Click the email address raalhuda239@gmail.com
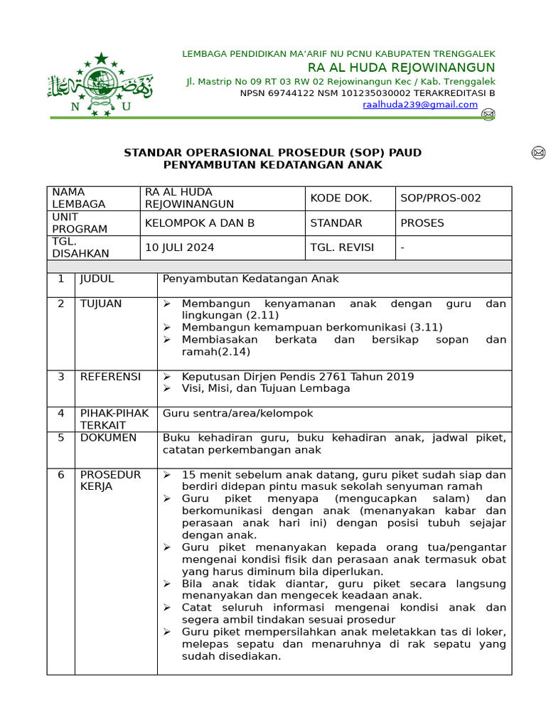click(420, 105)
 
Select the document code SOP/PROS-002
click(441, 198)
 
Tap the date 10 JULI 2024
click(180, 247)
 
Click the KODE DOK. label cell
click(341, 198)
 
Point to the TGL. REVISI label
click(342, 247)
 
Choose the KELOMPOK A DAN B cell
click(200, 223)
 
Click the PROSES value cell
click(422, 223)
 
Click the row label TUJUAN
click(101, 304)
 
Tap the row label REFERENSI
click(110, 377)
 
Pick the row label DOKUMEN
click(108, 438)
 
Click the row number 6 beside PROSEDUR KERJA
click(61, 474)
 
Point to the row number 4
click(61, 413)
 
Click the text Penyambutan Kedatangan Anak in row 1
click(251, 279)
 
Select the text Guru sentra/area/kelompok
click(237, 413)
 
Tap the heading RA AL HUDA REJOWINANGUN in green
click(401, 68)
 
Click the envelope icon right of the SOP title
click(538, 153)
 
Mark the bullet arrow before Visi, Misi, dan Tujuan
click(167, 389)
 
